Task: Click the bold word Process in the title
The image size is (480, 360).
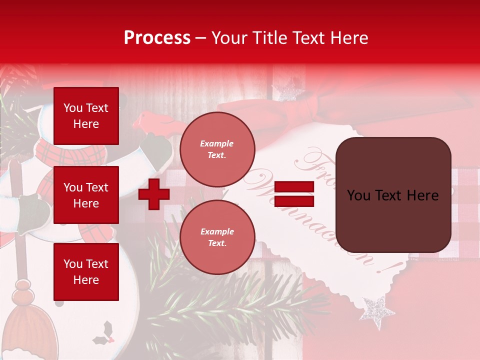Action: point(157,38)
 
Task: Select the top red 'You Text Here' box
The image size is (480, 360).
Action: point(86,116)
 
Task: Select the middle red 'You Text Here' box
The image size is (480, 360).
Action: point(86,195)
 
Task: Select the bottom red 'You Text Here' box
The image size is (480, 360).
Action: point(86,271)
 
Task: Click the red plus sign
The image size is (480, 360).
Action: point(154,194)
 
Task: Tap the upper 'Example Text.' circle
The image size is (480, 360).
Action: point(217,149)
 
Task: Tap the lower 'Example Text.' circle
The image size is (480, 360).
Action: point(217,237)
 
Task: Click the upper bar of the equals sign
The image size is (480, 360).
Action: point(294,187)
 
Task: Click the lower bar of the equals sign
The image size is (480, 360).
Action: point(294,201)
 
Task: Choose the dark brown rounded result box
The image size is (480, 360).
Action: point(393,195)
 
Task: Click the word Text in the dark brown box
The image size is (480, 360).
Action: point(392,195)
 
